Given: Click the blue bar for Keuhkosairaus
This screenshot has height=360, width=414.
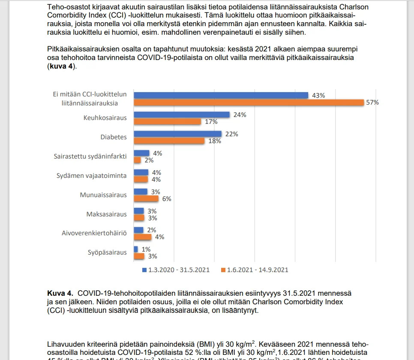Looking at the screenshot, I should pos(182,114).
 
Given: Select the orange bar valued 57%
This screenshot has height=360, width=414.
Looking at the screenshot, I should pos(249,102).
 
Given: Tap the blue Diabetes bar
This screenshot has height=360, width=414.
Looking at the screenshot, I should pos(177,134).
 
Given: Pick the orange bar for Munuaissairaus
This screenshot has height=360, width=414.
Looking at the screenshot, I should pos(146,198).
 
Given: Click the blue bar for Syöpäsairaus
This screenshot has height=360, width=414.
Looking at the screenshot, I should pos(136,249).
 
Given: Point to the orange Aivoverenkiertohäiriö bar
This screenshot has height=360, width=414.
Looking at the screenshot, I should pos(142,237).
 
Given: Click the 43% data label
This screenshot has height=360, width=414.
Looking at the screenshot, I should pos(318,96).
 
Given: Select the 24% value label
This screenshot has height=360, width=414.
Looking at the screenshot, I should pos(240,115).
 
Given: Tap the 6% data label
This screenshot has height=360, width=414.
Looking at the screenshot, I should pos(166,199).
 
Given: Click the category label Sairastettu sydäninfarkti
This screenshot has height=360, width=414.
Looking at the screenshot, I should pos(90,156).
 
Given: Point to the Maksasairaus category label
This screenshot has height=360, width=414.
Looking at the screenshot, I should pos(107,214).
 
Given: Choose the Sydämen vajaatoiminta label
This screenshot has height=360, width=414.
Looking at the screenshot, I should pos(92,176).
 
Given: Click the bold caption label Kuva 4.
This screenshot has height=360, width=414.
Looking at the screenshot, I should pos(60,293).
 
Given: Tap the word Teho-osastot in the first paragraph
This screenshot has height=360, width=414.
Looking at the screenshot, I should pos(66,7).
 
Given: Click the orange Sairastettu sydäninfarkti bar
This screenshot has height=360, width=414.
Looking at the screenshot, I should pos(138,160).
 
